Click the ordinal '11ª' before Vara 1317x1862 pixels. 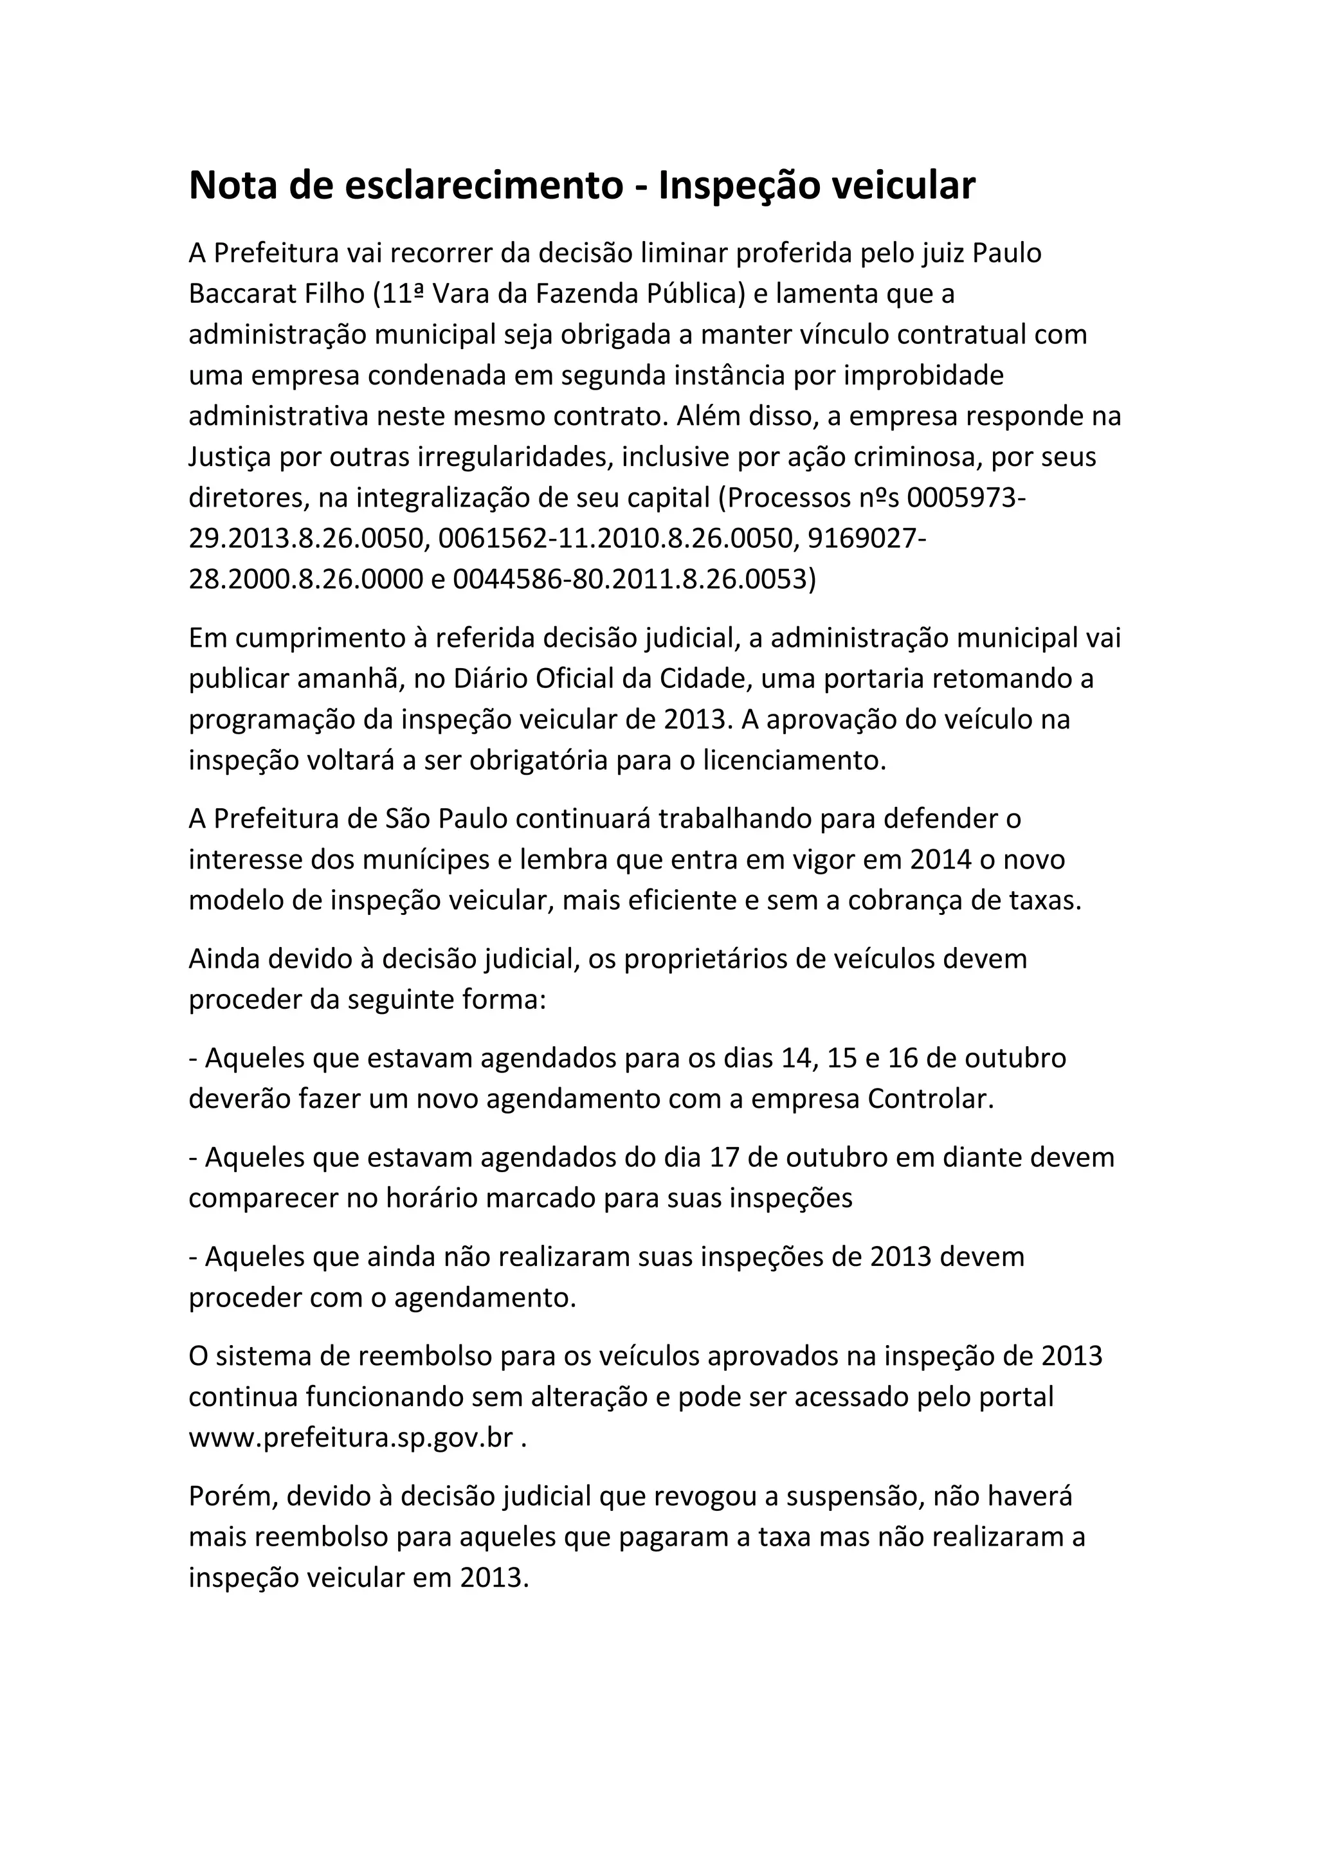400,294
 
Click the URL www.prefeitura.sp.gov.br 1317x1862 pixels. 351,1438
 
